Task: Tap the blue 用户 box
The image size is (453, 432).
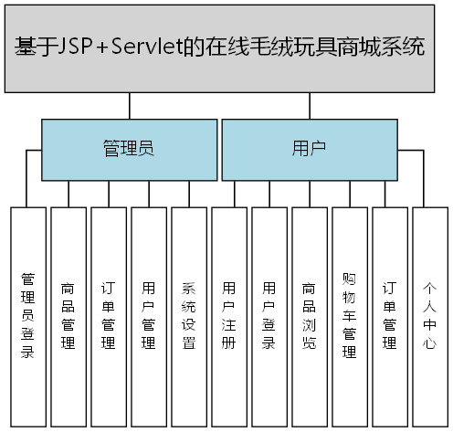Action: [x=309, y=149]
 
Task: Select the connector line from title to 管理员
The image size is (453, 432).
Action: [x=129, y=106]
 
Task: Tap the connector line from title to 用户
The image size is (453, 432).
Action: [x=309, y=106]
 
